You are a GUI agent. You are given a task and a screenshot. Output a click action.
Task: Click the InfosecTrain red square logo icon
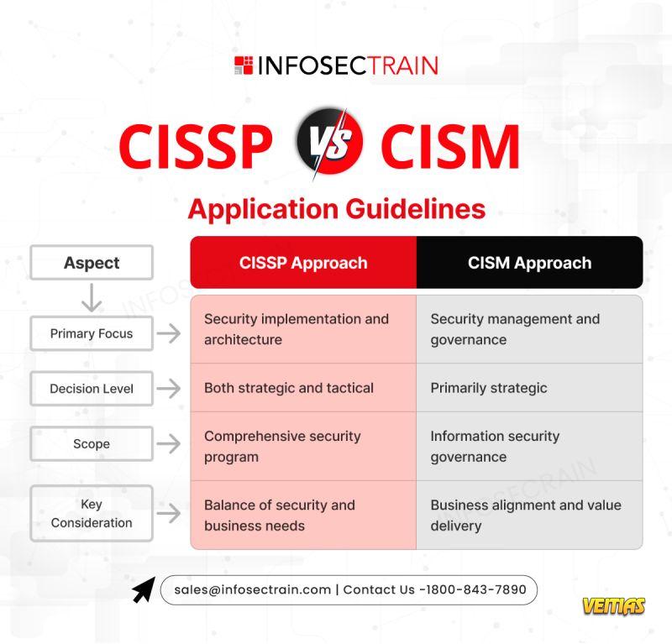[x=244, y=65]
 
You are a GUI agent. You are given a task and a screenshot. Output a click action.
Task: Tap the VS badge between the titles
[x=329, y=142]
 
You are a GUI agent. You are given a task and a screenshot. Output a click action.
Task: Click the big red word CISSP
[x=196, y=146]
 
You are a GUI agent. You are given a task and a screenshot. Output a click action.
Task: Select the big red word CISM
[x=450, y=146]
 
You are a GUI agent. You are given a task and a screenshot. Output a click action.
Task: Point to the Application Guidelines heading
[x=337, y=209]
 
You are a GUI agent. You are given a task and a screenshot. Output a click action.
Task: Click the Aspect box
[x=92, y=263]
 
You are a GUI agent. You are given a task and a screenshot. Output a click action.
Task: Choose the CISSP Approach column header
[x=303, y=262]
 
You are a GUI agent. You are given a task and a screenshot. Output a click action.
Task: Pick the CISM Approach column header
[x=530, y=262]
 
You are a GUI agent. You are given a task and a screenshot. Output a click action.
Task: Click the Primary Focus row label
[x=92, y=333]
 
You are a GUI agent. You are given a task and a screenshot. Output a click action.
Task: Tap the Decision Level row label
[x=92, y=389]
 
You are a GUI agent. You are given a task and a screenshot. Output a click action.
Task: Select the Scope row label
[x=92, y=443]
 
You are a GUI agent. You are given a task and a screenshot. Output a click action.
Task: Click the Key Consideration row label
[x=92, y=513]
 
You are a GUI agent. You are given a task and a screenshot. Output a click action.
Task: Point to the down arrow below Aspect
[x=92, y=297]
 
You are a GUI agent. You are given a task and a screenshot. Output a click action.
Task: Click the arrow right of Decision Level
[x=169, y=389]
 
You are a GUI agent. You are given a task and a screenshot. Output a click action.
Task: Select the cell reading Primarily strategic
[x=530, y=388]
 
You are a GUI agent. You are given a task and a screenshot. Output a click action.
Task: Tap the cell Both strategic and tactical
[x=303, y=388]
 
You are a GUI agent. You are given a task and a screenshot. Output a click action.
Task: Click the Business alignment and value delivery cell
[x=530, y=515]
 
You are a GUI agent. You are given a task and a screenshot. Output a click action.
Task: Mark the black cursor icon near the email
[x=144, y=589]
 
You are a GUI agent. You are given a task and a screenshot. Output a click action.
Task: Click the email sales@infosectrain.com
[x=253, y=590]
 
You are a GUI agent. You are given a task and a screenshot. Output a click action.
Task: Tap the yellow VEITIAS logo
[x=613, y=606]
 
